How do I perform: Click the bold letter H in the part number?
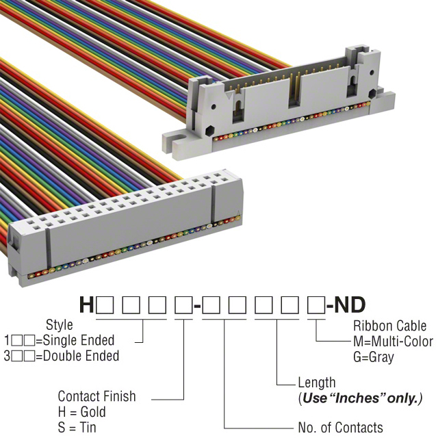click(87, 305)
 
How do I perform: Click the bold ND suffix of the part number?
click(350, 305)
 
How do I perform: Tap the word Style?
click(60, 325)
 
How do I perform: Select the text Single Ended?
click(79, 340)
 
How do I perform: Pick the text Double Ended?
click(81, 356)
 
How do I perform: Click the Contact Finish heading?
click(96, 396)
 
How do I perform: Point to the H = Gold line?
click(82, 412)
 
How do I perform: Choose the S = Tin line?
click(77, 427)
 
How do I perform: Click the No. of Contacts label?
click(341, 427)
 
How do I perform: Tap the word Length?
click(317, 383)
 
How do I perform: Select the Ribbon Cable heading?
click(390, 326)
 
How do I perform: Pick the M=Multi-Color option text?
click(394, 342)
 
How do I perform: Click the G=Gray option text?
click(374, 357)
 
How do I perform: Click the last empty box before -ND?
click(316, 305)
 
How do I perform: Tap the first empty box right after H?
click(105, 305)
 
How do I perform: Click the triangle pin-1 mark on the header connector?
click(229, 96)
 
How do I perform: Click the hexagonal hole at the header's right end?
click(372, 94)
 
